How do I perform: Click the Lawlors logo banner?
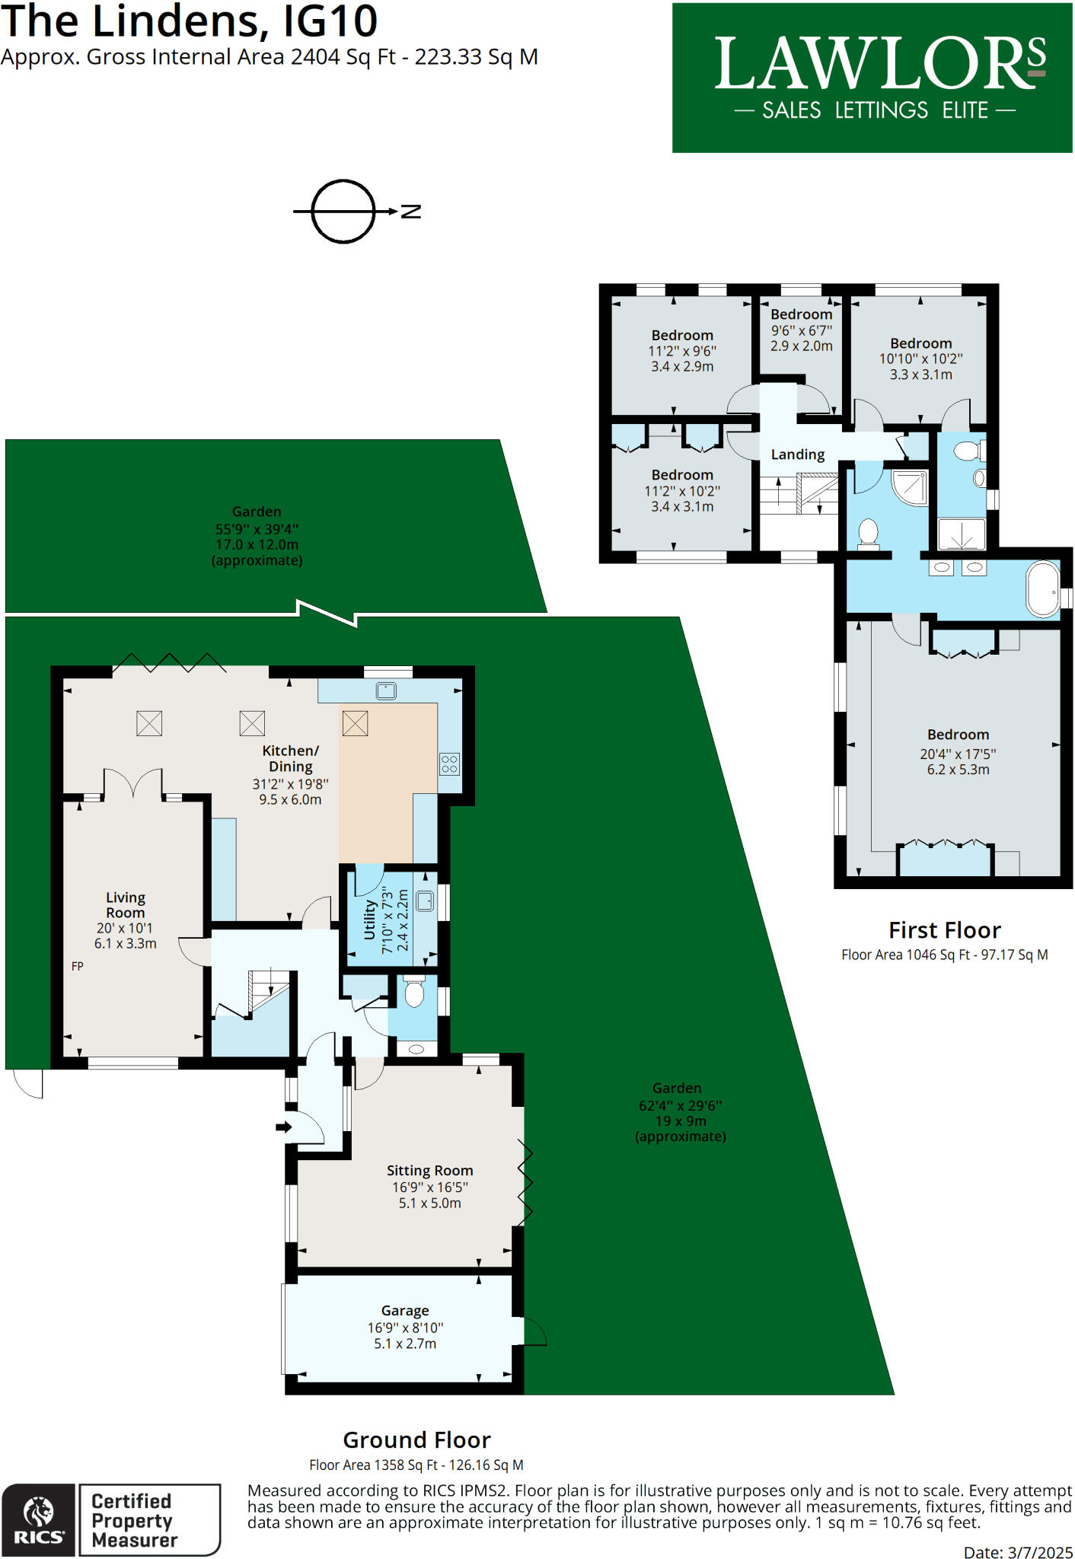pos(872,78)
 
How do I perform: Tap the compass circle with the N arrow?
pos(343,212)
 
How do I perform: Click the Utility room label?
pos(370,920)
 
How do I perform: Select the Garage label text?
pos(405,1311)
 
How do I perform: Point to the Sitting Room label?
pos(429,1171)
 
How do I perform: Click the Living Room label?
pos(126,905)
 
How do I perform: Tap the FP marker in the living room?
pos(77,966)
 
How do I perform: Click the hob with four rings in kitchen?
pos(449,764)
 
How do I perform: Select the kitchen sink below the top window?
pos(386,690)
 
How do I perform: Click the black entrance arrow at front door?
pos(283,1127)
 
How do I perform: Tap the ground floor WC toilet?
pos(414,992)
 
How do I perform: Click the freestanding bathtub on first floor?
pos(1042,588)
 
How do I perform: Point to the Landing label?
pos(797,454)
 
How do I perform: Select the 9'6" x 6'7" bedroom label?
pos(801,330)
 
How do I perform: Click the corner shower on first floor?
pos(911,488)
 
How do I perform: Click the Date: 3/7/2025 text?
pos(1018,1552)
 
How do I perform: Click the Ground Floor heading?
pos(416,1440)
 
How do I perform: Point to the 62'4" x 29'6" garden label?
pos(680,1112)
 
